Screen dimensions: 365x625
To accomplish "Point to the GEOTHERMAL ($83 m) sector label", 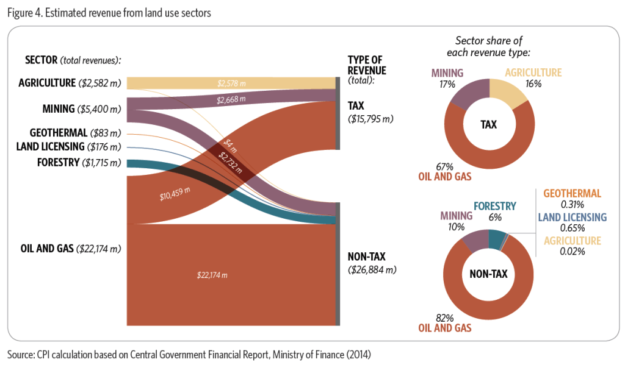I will (x=75, y=132).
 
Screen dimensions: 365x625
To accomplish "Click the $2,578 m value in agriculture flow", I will (x=231, y=83).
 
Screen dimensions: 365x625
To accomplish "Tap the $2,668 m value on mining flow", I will (x=231, y=99).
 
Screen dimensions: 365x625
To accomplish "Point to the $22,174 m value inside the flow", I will (x=212, y=275).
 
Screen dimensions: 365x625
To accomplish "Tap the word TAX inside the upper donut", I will (x=489, y=124).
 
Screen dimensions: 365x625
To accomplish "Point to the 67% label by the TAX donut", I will (x=444, y=166).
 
